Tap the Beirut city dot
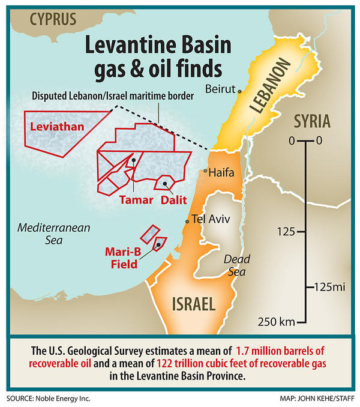click(x=239, y=92)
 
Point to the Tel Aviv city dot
click(x=188, y=222)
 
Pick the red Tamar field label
click(x=136, y=199)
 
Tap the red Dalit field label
click(x=173, y=199)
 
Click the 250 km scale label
click(x=277, y=322)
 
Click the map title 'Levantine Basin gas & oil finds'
click(x=148, y=58)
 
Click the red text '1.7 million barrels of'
click(x=286, y=350)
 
